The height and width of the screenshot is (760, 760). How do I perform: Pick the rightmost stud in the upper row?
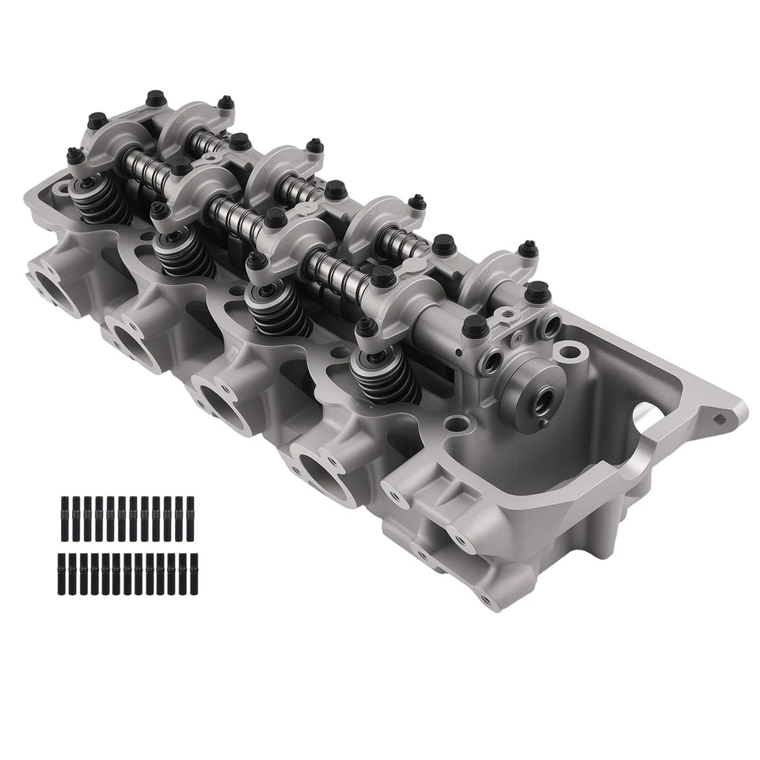tap(190, 512)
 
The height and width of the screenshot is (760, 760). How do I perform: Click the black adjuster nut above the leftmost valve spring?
tap(76, 158)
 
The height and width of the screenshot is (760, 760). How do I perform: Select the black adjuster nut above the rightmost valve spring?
tap(364, 325)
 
